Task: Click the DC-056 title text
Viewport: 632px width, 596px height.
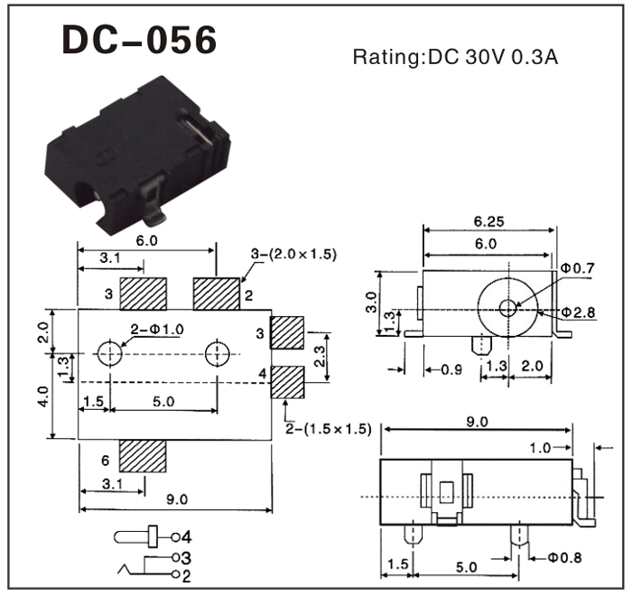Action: click(x=139, y=41)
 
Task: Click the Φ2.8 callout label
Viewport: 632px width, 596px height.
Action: click(x=577, y=312)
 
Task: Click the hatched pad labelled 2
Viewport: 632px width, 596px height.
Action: click(x=217, y=293)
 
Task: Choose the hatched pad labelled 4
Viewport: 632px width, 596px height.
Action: click(x=288, y=382)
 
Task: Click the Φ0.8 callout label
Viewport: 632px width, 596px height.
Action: click(x=563, y=557)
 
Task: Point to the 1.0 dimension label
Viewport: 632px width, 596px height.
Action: click(x=541, y=447)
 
